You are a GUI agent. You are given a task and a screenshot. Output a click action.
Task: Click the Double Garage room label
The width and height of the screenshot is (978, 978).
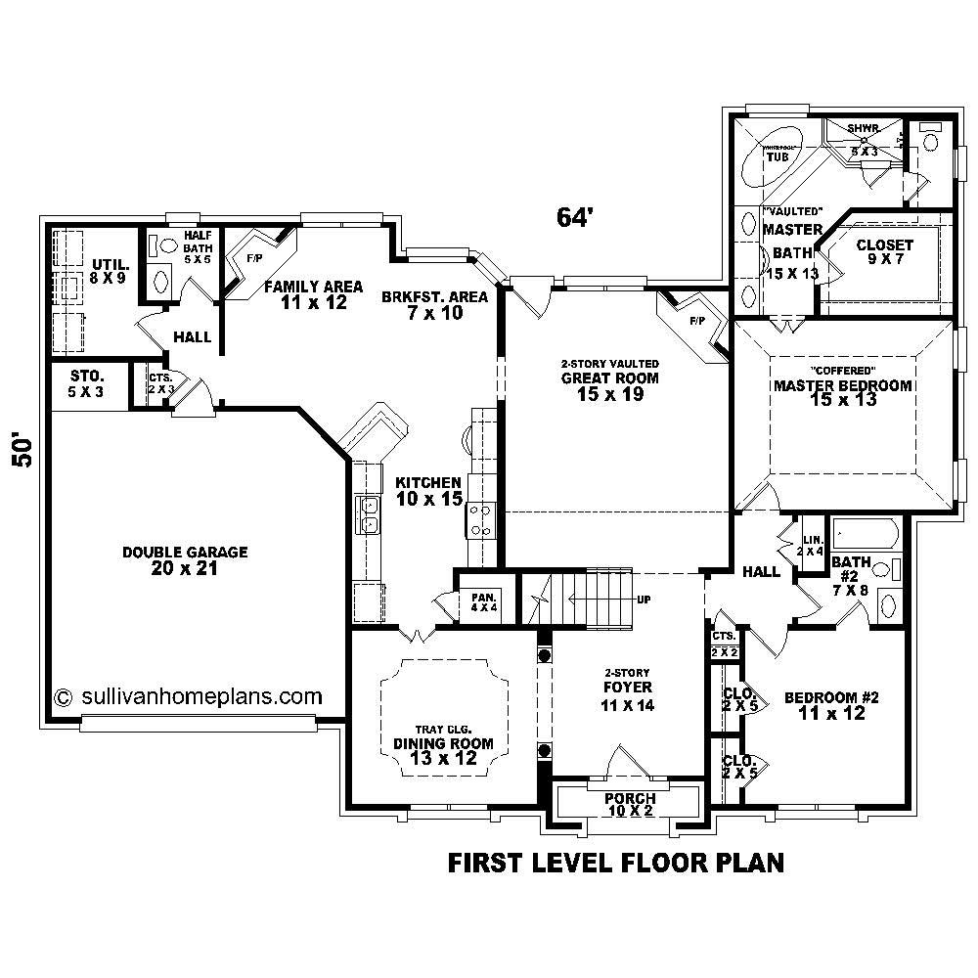pyautogui.click(x=185, y=559)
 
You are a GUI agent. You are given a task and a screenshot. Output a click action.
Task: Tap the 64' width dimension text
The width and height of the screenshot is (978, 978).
pyautogui.click(x=575, y=217)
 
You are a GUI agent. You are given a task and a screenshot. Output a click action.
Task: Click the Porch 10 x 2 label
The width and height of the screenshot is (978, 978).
pyautogui.click(x=629, y=804)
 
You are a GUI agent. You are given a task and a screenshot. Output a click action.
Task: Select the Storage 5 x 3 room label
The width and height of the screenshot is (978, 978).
pyautogui.click(x=86, y=384)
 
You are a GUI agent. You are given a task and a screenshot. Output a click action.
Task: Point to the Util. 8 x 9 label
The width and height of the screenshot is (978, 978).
pyautogui.click(x=109, y=271)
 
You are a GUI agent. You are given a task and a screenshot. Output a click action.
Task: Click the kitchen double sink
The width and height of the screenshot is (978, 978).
pyautogui.click(x=370, y=514)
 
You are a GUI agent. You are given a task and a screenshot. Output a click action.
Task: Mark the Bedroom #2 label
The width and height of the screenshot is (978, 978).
pyautogui.click(x=832, y=705)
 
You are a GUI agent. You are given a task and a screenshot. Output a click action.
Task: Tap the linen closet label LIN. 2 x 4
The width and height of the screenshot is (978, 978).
pyautogui.click(x=811, y=545)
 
